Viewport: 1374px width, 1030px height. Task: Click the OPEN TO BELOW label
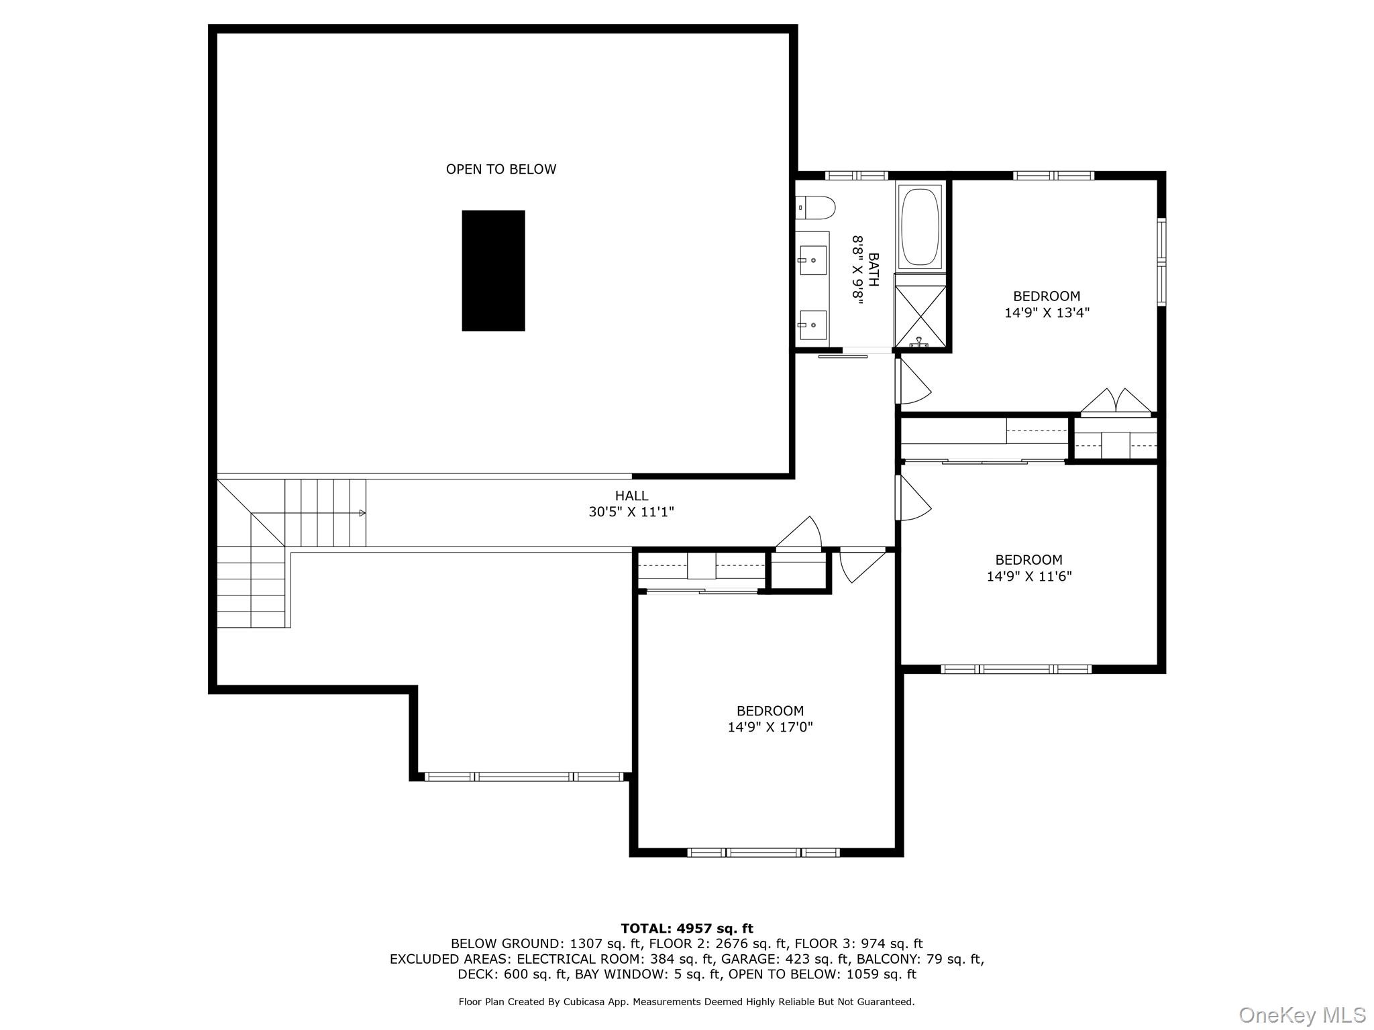(501, 170)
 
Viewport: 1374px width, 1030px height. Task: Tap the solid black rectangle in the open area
(493, 271)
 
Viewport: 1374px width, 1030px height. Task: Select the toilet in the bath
(816, 207)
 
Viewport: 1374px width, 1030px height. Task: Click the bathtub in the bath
(920, 227)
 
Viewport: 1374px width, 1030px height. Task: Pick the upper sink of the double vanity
(813, 260)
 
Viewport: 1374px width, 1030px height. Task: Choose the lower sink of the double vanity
(813, 325)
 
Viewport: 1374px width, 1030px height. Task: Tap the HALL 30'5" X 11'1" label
(631, 504)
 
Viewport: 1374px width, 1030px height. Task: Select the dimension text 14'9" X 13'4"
(1047, 312)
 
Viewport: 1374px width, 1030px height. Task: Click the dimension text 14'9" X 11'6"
(1028, 576)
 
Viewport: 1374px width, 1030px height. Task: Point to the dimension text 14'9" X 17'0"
(770, 727)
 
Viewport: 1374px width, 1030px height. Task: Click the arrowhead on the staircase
(362, 513)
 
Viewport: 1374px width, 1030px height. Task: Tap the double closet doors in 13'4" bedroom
(1116, 402)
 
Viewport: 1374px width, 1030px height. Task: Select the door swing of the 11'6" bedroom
(913, 498)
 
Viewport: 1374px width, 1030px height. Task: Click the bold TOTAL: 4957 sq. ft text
(687, 929)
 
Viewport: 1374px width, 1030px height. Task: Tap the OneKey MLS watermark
(1302, 1015)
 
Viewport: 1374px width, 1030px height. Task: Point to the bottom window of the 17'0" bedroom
(763, 853)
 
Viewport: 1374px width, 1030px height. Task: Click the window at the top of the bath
(856, 176)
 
